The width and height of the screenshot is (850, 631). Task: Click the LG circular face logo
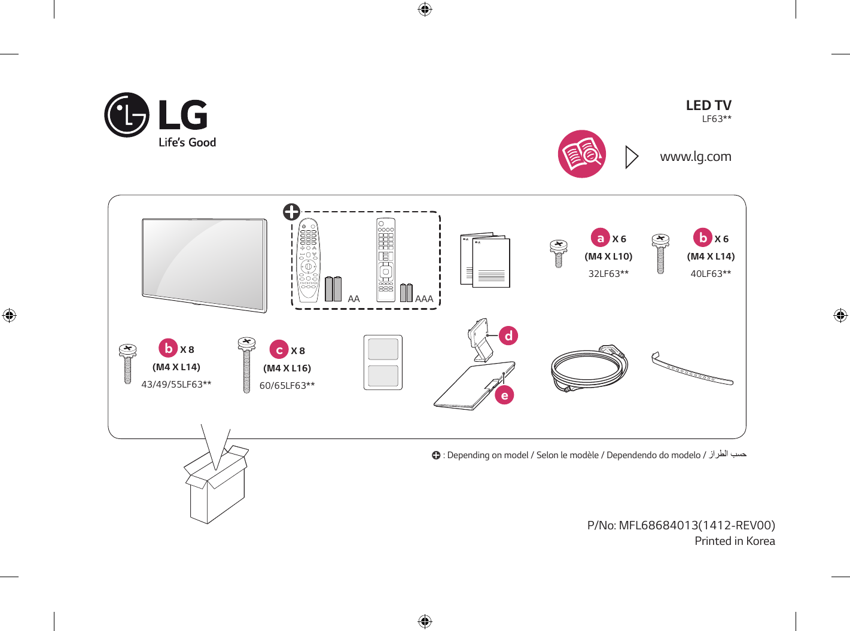point(127,115)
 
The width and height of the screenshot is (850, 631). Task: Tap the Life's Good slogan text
point(187,142)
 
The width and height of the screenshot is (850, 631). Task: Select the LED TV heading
point(709,105)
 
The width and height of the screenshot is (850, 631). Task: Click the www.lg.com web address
point(696,157)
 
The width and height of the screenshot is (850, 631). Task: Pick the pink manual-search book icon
point(582,154)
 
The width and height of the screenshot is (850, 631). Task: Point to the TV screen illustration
point(205,265)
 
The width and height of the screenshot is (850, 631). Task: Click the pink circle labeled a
point(601,238)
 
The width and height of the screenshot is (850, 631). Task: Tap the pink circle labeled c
point(279,350)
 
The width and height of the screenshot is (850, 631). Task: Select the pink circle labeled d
point(508,336)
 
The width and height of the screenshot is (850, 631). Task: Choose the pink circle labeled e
point(505,395)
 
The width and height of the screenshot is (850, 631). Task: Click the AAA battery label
point(424,299)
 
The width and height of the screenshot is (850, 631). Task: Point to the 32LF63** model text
point(608,274)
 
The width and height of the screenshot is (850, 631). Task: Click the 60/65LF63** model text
point(287,385)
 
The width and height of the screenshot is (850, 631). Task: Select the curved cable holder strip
point(692,369)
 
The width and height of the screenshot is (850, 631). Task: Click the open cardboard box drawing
point(217,484)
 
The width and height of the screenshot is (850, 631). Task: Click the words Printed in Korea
point(735,541)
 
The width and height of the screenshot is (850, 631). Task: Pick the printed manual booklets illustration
point(485,260)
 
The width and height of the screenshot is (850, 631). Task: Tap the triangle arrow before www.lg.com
point(632,157)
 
